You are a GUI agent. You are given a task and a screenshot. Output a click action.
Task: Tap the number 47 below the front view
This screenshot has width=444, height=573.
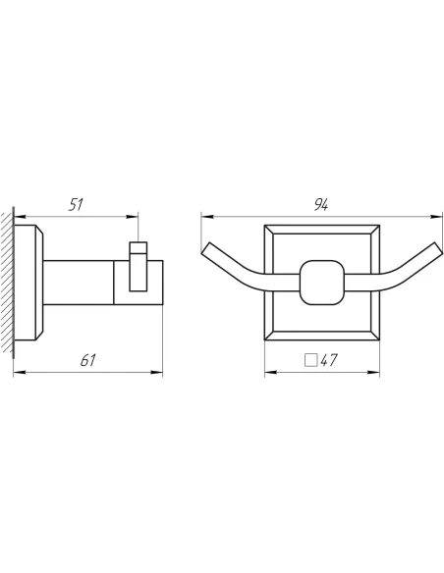point(329,360)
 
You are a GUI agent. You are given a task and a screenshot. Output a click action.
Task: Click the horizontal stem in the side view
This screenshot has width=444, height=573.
point(83,279)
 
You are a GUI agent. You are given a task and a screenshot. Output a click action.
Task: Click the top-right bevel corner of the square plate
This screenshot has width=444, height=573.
point(374,230)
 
